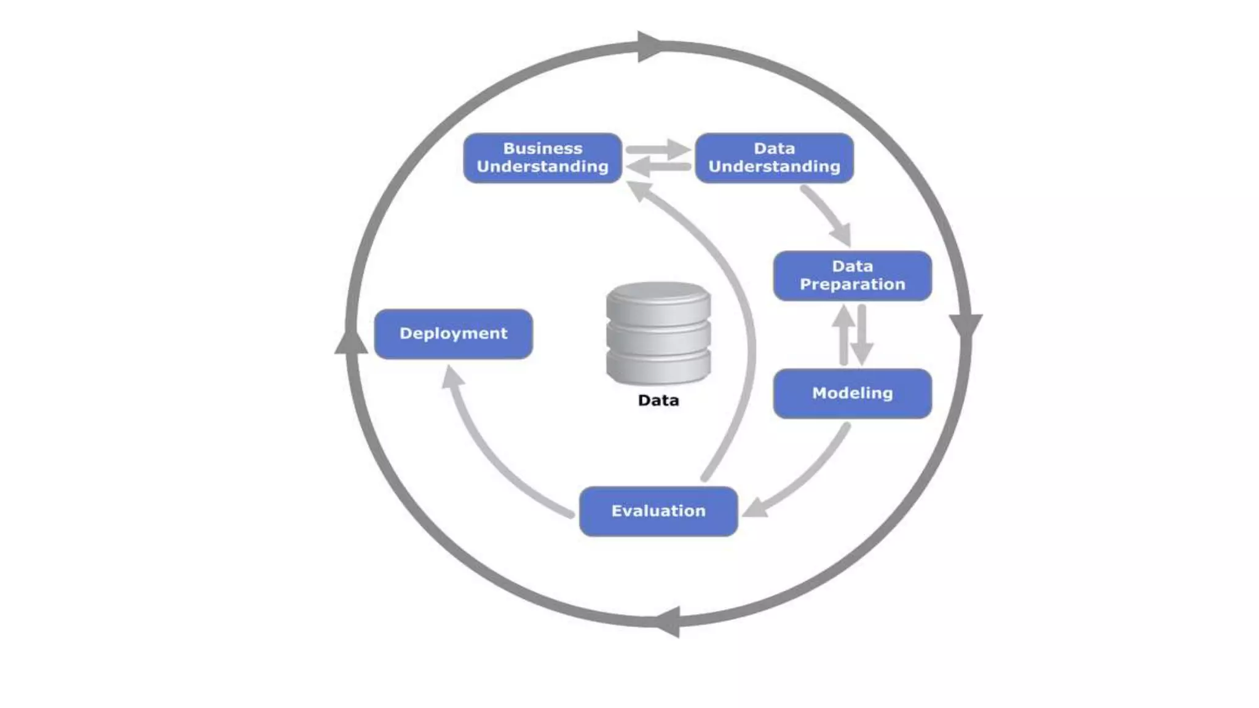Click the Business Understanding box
tap(542, 158)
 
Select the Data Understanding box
tap(774, 158)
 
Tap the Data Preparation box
tap(852, 276)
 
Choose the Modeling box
tap(852, 393)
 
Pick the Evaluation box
tap(658, 511)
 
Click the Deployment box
tap(453, 334)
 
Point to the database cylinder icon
tap(658, 333)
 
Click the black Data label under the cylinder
tap(658, 401)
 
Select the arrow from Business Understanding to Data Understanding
tap(658, 149)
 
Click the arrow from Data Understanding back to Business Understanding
tap(658, 167)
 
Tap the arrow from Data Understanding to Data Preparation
tap(828, 215)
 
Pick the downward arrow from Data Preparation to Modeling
tap(862, 335)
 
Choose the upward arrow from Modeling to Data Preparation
tap(843, 335)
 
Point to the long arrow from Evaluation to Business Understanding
tap(738, 307)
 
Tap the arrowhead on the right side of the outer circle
tap(965, 324)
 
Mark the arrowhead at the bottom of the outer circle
tap(669, 621)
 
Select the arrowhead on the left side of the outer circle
tap(351, 342)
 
